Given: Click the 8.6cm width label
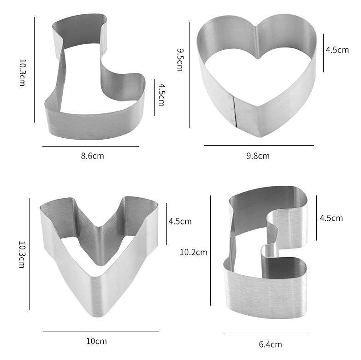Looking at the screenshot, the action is (92, 156).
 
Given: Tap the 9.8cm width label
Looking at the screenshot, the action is (258, 156).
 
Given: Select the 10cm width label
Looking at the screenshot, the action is (96, 341).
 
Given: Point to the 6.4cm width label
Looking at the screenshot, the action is (270, 344).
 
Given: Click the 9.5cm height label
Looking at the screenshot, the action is (180, 60).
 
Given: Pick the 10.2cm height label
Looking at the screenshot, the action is (193, 252).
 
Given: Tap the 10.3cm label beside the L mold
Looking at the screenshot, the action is (22, 73).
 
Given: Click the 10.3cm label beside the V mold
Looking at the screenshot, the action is (22, 254).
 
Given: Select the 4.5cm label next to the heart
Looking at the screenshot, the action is (337, 50).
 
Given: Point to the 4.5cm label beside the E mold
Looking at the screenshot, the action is (331, 218).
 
